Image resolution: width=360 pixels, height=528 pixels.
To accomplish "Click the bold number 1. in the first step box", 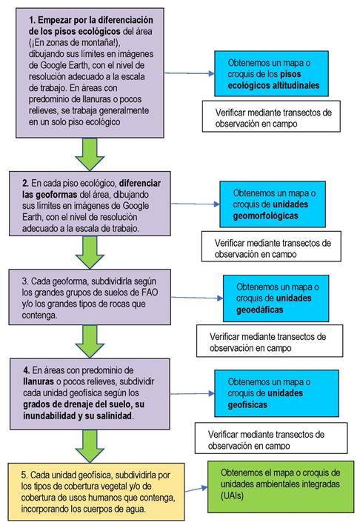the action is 33,20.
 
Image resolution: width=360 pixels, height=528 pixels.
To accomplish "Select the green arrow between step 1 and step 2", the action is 90,154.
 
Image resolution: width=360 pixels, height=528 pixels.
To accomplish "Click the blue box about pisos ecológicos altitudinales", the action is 271,74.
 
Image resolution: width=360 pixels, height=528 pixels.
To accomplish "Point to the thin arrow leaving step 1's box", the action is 190,73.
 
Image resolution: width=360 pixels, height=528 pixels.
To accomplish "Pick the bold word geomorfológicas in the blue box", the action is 266,215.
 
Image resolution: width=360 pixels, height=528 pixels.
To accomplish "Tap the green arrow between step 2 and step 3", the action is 90,252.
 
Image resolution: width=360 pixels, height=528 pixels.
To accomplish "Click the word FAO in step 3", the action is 150,293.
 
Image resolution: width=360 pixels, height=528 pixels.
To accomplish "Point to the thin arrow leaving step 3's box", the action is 197,298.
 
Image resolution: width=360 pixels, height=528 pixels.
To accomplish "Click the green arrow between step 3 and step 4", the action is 90,341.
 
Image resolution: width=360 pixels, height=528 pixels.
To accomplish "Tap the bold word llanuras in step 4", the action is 39,381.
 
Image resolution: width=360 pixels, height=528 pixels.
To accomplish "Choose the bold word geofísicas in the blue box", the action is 247,405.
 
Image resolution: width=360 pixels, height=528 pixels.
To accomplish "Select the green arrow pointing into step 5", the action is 90,446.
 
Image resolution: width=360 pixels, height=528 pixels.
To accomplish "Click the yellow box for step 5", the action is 96,492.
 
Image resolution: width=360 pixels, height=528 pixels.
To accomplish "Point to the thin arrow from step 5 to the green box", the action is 196,489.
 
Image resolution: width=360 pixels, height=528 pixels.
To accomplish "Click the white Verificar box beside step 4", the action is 271,438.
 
